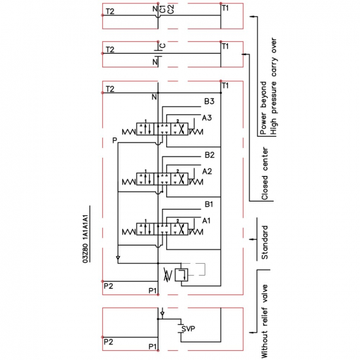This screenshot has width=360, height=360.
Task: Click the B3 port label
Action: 209,101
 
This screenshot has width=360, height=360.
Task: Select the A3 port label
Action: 207,118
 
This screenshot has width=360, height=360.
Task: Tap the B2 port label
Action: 209,155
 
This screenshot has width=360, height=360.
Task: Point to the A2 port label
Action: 207,171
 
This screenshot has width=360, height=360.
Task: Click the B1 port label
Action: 209,204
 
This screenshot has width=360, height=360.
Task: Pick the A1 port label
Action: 206,221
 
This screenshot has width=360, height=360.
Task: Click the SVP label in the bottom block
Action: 189,329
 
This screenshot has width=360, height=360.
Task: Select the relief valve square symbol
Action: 181,275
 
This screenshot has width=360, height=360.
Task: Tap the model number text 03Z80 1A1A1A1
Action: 85,239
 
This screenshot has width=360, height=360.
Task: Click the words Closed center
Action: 264,174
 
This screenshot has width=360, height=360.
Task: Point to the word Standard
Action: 264,242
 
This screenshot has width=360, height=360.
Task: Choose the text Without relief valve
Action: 264,321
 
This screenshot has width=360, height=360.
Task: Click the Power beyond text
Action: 263,108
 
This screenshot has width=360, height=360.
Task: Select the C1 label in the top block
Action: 162,10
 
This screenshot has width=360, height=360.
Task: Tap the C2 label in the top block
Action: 171,10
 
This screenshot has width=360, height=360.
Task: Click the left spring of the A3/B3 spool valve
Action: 129,132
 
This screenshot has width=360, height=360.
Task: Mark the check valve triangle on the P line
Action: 118,258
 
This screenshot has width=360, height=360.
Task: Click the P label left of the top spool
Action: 115,140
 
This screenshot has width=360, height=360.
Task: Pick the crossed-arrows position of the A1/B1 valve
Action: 179,229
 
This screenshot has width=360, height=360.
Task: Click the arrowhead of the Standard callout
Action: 251,240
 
